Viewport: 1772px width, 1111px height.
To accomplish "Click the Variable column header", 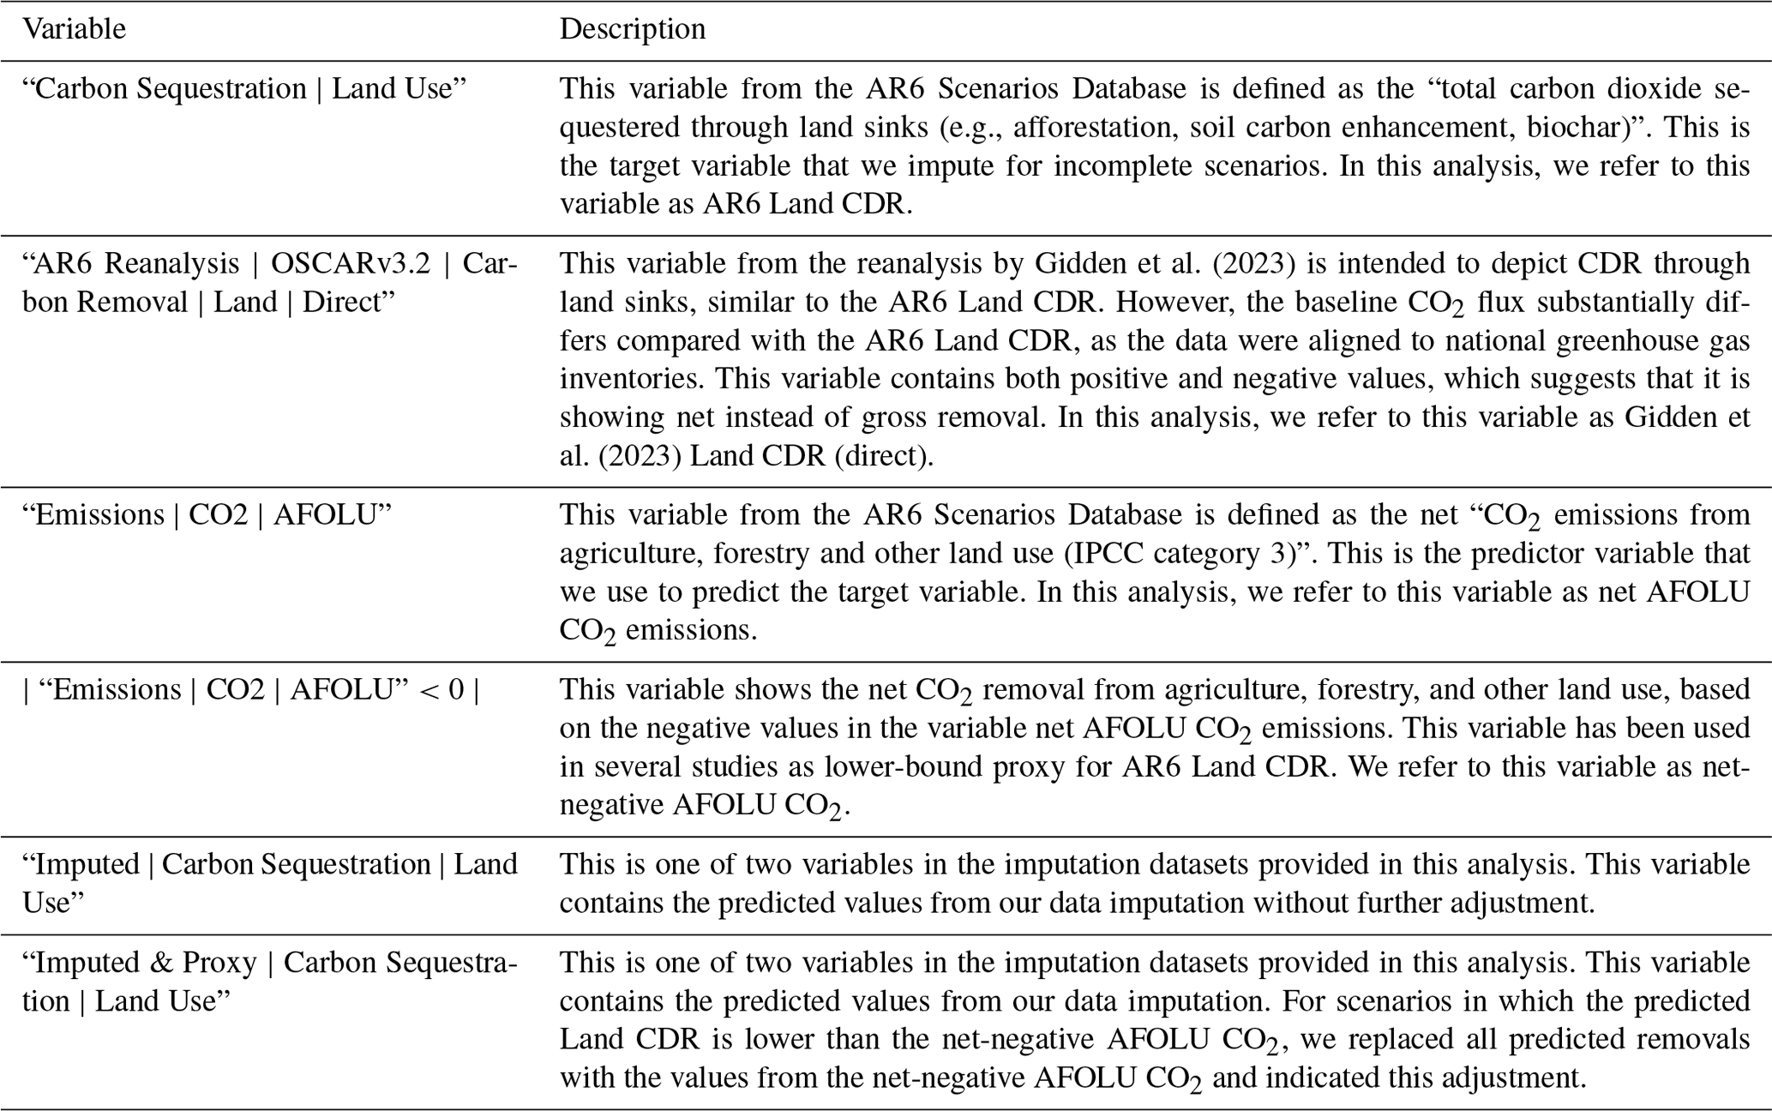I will tap(74, 29).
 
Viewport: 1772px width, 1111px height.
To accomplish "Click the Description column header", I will tap(632, 29).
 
